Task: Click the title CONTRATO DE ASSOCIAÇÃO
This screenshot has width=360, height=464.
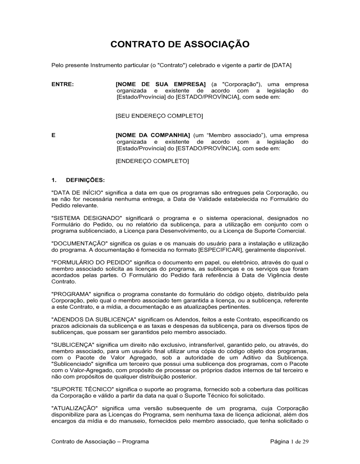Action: (x=180, y=45)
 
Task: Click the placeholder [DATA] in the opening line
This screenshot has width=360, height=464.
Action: (x=282, y=65)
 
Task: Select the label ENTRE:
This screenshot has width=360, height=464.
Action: (x=63, y=84)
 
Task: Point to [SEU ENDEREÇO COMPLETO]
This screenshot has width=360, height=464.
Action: (x=159, y=116)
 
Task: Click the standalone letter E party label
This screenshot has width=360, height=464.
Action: (x=54, y=135)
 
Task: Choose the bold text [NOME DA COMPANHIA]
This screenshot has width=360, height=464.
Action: (x=153, y=135)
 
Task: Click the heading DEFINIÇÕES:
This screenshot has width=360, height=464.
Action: (x=85, y=180)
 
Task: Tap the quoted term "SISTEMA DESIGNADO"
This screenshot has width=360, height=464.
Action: (x=87, y=218)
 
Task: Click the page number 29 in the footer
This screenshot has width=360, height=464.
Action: (x=305, y=442)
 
